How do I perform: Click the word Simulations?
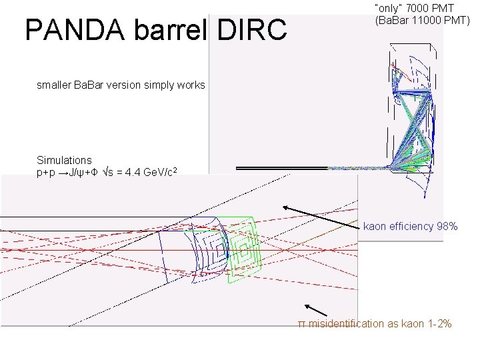point(64,160)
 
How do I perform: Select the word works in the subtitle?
point(190,85)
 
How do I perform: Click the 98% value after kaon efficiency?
point(447,227)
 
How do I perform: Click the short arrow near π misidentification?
point(316,310)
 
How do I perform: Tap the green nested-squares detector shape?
point(241,243)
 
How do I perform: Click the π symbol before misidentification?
point(301,324)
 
